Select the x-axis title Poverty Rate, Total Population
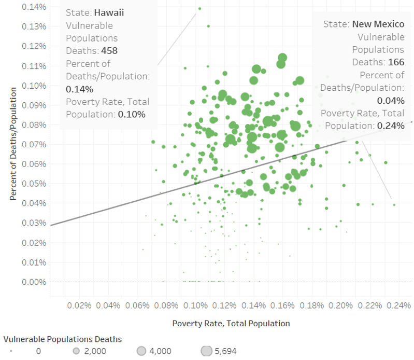(231, 323)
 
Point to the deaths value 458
(110, 51)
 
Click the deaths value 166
(396, 62)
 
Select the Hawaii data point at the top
(199, 8)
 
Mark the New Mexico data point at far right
(394, 205)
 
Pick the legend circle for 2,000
(77, 351)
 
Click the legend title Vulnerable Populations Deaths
(62, 339)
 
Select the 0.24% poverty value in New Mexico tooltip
(391, 126)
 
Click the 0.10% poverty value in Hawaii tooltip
(132, 114)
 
